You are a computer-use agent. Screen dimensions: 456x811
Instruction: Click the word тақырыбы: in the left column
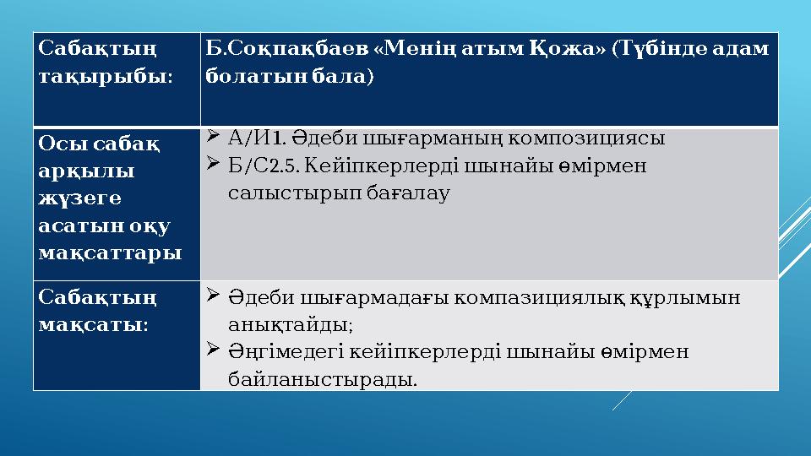[x=106, y=76]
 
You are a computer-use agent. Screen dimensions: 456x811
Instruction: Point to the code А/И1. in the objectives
[x=257, y=137]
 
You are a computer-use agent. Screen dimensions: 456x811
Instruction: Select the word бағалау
[x=409, y=193]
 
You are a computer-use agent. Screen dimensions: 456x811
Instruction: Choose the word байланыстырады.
[x=323, y=379]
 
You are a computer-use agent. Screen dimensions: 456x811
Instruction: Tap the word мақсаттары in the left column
[x=111, y=252]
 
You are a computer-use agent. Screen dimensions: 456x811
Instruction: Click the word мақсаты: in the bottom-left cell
[x=94, y=324]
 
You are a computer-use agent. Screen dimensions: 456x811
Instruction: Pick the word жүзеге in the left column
[x=80, y=198]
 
